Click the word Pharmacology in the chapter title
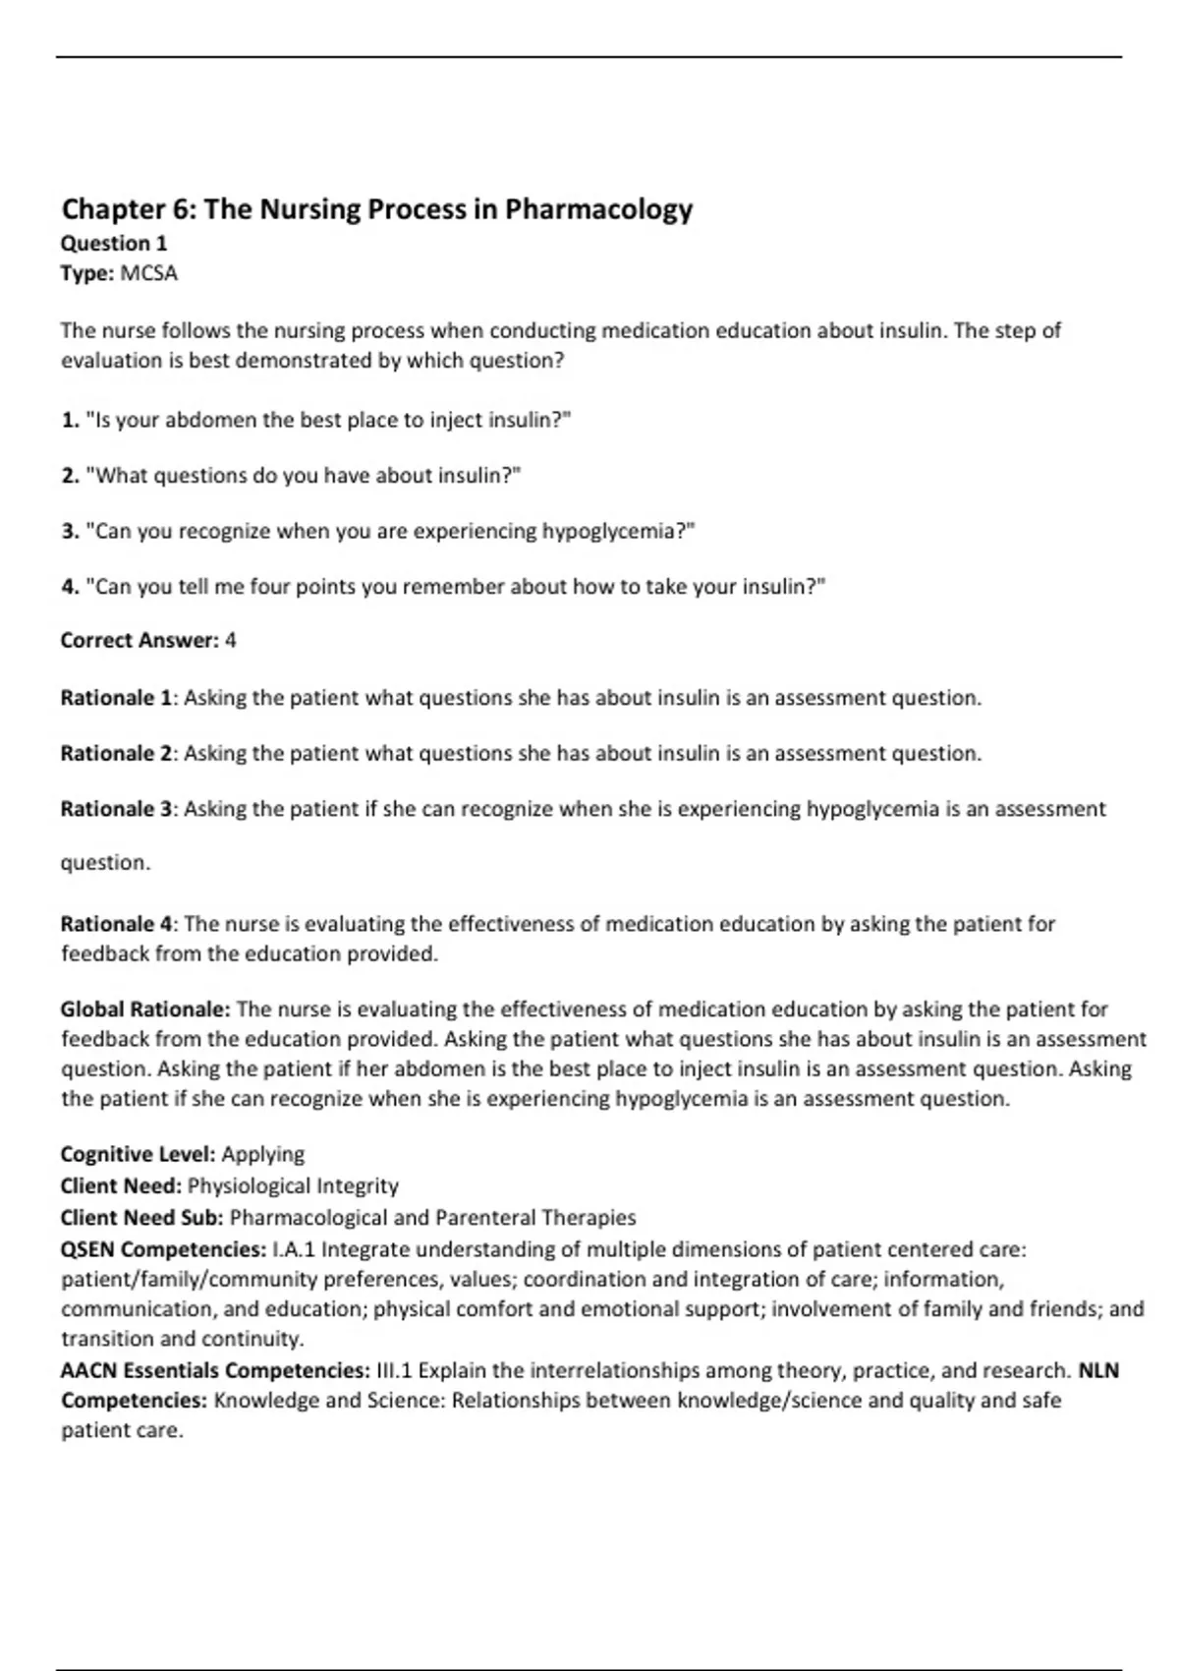point(598,209)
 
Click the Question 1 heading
point(114,244)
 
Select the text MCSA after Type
point(148,273)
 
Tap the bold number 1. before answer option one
point(70,421)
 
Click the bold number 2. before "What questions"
point(70,476)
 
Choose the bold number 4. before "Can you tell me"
point(70,587)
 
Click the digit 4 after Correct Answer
point(231,641)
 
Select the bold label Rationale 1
point(116,698)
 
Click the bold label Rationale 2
point(116,754)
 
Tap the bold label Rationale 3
point(116,809)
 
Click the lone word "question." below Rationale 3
point(105,863)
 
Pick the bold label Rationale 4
point(116,924)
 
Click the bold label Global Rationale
point(144,1009)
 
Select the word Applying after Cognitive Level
point(262,1154)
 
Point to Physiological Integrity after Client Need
point(293,1185)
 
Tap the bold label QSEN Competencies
point(162,1249)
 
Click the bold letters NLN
point(1098,1370)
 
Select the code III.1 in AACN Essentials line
point(394,1370)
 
